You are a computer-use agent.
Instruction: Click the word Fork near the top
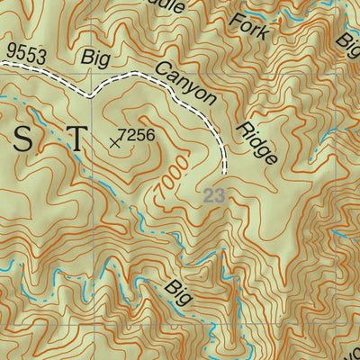coord(249,21)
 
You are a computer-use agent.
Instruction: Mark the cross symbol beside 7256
coord(114,141)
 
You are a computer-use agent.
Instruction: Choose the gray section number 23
coord(213,194)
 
